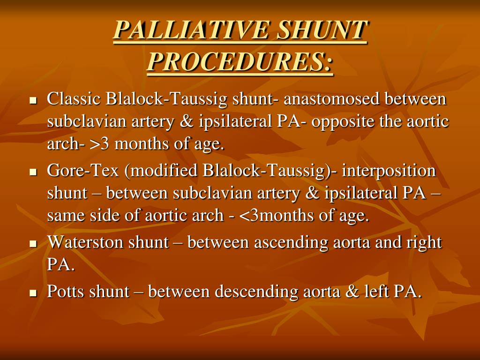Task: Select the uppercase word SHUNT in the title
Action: [321, 30]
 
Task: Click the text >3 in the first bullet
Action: [99, 144]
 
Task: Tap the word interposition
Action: [389, 171]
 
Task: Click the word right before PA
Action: [425, 243]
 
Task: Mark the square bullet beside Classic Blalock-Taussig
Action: [33, 101]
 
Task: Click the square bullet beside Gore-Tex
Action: [33, 172]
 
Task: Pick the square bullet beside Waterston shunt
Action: [33, 244]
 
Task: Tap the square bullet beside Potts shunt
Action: [33, 293]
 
